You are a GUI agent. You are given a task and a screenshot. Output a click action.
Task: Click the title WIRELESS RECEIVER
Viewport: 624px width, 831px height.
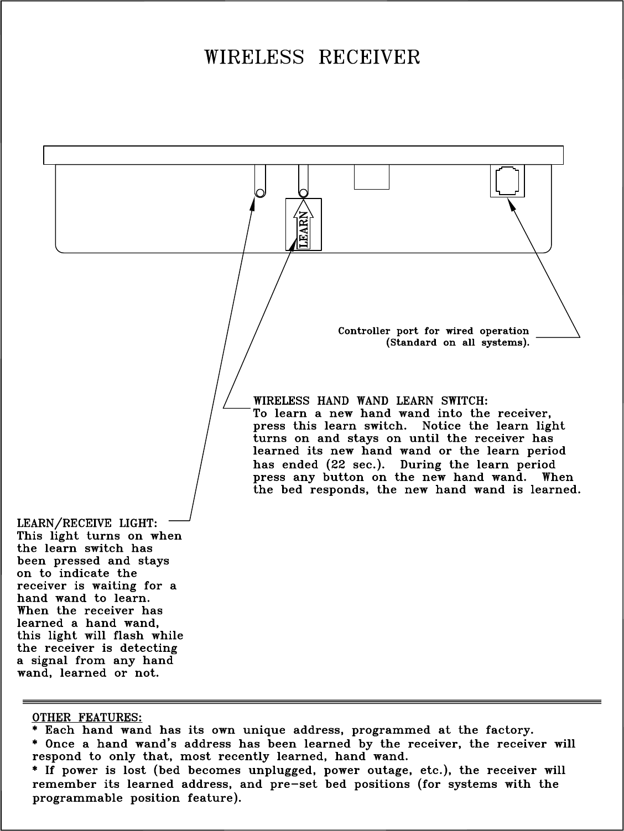[313, 58]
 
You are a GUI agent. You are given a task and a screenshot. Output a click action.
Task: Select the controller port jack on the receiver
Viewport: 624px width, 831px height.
[507, 181]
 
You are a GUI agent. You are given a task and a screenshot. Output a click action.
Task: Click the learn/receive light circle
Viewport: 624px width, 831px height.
[259, 192]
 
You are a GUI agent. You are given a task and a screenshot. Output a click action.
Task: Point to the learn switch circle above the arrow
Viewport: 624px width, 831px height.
[303, 192]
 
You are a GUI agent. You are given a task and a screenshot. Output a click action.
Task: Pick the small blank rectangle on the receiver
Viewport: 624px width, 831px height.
[371, 177]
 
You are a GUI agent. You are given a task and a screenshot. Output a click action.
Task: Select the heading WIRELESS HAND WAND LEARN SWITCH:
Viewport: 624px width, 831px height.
[370, 400]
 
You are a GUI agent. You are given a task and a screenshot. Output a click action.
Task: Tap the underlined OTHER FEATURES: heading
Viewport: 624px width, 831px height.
[87, 718]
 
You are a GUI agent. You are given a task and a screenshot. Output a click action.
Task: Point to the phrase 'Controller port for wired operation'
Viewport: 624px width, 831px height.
[433, 331]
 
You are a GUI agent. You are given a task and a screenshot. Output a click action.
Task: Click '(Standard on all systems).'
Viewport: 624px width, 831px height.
[457, 343]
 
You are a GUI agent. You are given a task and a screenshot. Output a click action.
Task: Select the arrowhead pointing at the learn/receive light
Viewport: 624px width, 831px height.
[253, 205]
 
